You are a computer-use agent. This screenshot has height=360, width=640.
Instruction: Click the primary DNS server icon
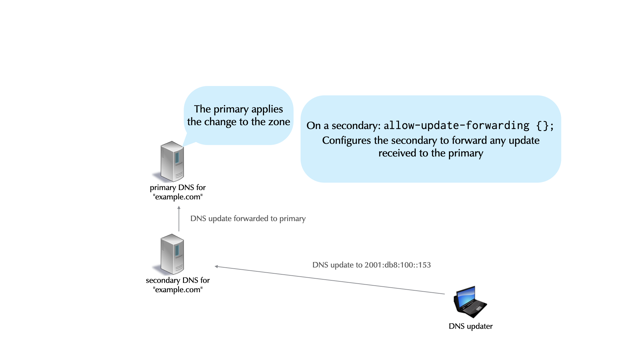coord(172,161)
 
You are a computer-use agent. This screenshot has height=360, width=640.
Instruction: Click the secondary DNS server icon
coord(172,254)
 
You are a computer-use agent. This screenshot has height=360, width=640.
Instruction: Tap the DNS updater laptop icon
coord(470,302)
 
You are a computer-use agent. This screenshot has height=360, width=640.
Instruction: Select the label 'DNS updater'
coord(470,326)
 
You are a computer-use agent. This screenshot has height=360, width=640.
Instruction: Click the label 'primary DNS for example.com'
coord(178,192)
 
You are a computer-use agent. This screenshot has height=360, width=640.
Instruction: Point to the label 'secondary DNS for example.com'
coord(178,285)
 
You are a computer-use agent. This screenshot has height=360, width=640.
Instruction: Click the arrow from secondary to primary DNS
coord(179,219)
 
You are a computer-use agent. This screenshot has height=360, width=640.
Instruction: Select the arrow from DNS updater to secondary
coord(330,280)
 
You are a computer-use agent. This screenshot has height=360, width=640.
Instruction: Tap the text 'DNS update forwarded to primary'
coord(248,219)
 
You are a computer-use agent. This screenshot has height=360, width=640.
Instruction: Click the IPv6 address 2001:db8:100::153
coord(397,265)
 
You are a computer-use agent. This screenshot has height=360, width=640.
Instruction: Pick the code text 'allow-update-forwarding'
coord(456,125)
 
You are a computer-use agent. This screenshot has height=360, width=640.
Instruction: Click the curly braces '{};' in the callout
coord(545,125)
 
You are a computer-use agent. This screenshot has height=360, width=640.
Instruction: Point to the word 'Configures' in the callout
coord(346,141)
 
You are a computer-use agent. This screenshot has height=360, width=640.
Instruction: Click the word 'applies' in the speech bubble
coord(267,109)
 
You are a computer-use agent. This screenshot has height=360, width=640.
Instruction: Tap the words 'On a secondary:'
coord(343,126)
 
